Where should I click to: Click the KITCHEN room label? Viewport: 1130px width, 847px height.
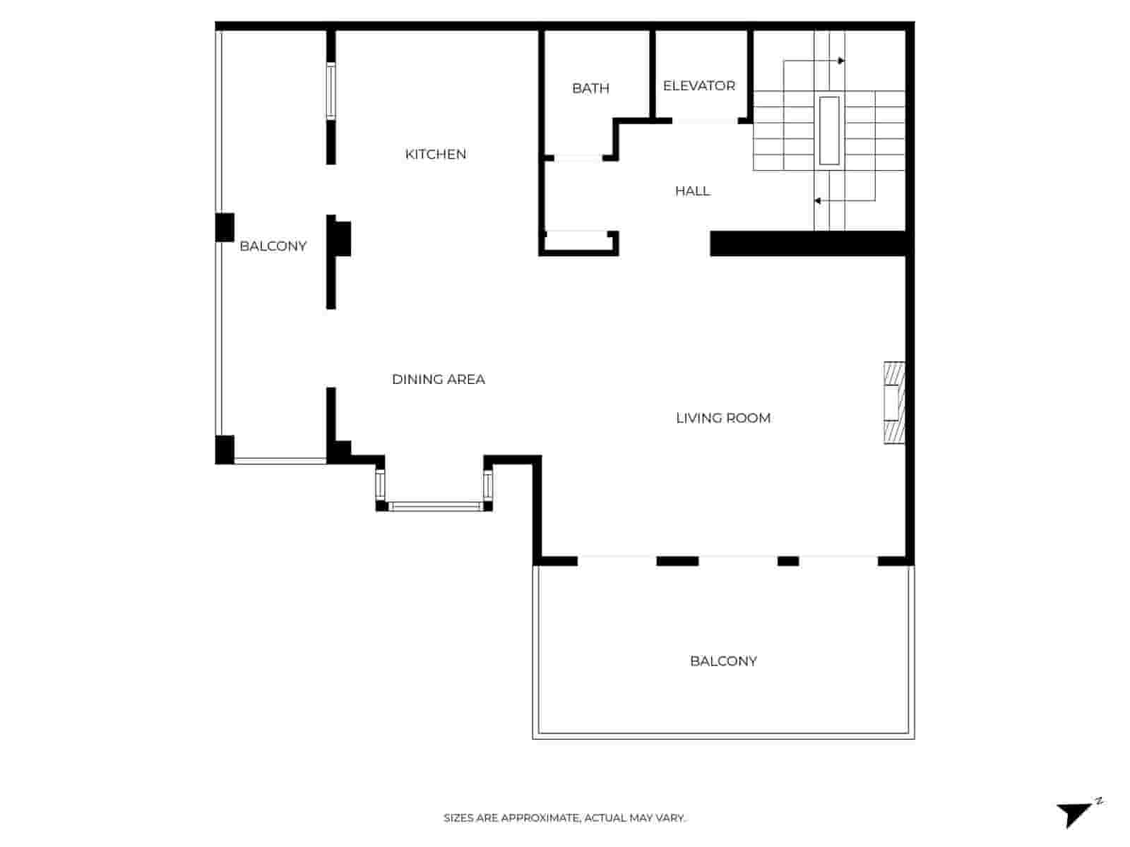435,154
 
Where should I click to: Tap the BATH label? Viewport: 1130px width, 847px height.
590,88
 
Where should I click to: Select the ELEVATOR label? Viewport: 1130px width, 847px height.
698,85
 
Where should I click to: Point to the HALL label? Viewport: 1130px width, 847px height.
692,191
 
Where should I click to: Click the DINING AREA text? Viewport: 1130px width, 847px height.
438,379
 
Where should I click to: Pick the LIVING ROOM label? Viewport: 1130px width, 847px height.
722,418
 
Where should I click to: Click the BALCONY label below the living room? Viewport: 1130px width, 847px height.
723,661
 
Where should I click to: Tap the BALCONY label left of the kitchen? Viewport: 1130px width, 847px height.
273,246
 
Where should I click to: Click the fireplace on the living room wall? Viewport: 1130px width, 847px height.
894,403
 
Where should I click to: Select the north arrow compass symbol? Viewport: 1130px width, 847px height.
1077,812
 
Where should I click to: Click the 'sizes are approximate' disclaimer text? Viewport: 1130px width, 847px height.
564,818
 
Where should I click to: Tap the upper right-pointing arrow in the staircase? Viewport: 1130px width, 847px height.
840,61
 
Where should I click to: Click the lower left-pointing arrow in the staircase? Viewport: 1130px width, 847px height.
817,201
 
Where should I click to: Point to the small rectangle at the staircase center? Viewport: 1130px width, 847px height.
829,131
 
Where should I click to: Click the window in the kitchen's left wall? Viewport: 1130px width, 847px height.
331,91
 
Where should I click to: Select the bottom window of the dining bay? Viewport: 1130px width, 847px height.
434,506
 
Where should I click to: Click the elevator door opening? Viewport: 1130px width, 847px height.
705,121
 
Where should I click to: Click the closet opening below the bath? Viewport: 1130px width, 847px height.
576,232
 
